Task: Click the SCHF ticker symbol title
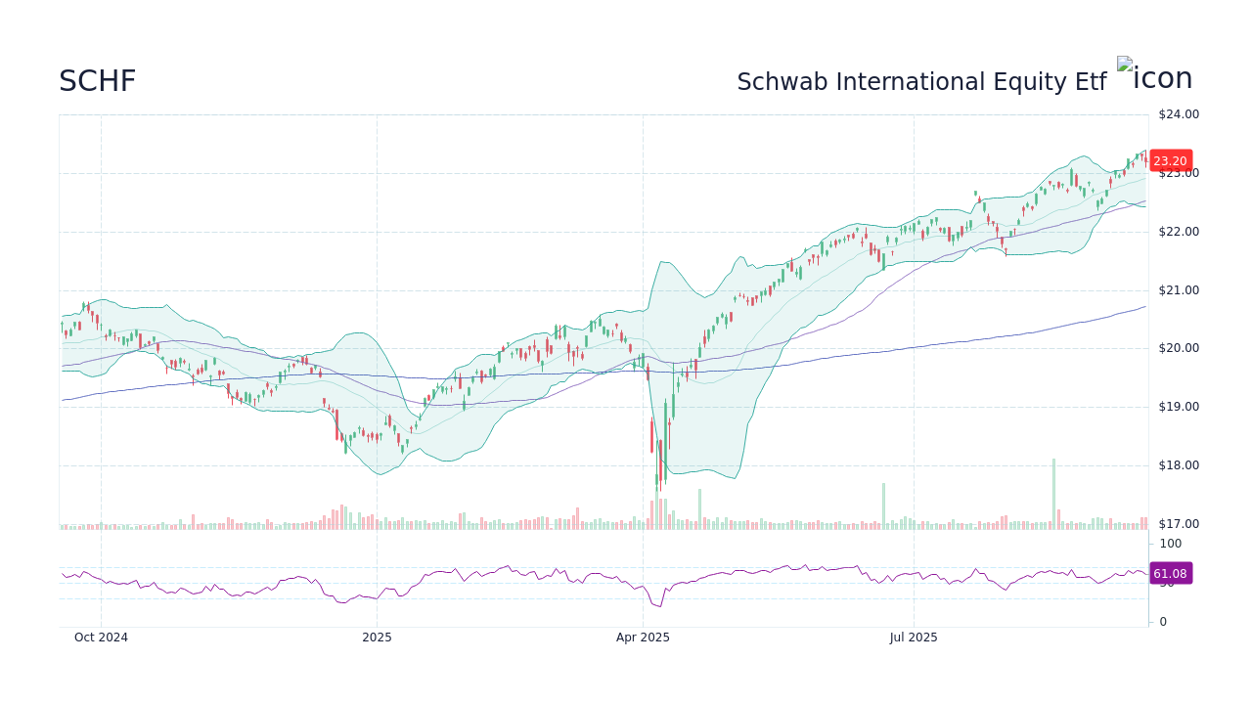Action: coord(97,82)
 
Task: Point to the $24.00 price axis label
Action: coord(1178,114)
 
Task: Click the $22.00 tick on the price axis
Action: coord(1178,232)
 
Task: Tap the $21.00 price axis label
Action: coord(1178,290)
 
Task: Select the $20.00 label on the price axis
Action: coord(1178,348)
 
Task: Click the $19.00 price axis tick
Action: coord(1178,407)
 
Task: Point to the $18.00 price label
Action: coord(1178,465)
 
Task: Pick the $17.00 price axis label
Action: coord(1178,524)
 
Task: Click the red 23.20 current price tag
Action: coord(1170,161)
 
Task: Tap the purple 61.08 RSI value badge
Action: coord(1170,574)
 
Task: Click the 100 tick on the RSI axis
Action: coord(1171,544)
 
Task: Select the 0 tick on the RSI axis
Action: coord(1163,622)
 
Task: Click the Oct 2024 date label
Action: coord(101,638)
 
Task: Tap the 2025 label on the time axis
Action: coord(377,638)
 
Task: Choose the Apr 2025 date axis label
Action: coord(643,638)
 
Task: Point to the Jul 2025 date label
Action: coord(914,638)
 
